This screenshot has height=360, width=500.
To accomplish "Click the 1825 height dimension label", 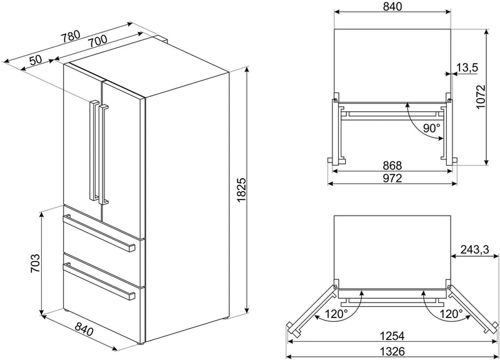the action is pos(242,189).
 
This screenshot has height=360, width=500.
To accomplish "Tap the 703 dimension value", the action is pos(35,263).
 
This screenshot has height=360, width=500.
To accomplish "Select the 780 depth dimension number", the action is pos(71,36).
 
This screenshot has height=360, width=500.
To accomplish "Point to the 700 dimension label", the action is pos(97,41).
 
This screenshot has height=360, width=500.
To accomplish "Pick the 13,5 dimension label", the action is pos(467,67).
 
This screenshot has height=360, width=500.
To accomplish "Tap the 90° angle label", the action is pos(432,128).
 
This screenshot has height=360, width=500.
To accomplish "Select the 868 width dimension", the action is pos(392,166).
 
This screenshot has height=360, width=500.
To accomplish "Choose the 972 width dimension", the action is pos(392,178).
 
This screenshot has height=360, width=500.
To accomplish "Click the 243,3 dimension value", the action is pos(475,249).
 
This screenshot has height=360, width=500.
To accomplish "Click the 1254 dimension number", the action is pos(392,336).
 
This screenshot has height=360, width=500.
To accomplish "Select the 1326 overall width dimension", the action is pos(392,351).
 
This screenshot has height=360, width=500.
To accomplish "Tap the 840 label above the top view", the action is pos(392,7).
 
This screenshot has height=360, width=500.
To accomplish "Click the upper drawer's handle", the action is pos(99,233).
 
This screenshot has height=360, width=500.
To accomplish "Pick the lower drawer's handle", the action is pos(99,281).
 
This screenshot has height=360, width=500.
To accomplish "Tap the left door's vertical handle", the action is pos(94,150).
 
